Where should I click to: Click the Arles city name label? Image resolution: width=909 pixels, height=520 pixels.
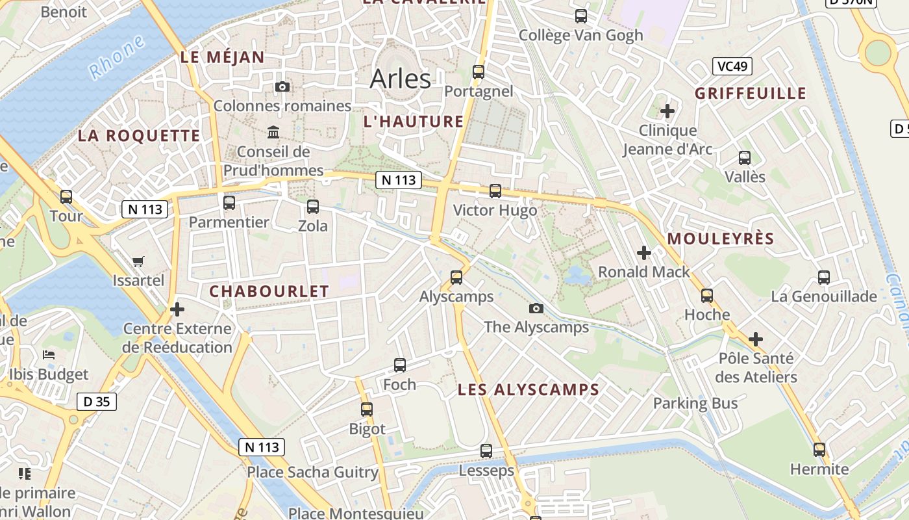400,79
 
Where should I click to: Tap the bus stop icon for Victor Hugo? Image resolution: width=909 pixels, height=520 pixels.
495,191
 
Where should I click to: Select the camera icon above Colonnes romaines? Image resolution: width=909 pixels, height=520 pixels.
282,87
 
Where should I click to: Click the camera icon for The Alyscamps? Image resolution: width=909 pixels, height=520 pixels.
536,309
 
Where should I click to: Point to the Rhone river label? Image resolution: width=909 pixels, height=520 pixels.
117,58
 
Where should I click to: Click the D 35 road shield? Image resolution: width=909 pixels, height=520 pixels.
97,402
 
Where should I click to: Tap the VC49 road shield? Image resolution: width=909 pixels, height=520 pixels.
732,66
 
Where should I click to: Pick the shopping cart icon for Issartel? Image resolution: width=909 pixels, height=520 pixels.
138,262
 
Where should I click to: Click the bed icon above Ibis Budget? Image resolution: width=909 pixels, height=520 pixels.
49,355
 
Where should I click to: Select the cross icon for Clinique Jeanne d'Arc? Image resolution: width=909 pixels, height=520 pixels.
667,111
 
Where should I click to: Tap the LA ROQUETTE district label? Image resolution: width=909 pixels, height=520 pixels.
139,136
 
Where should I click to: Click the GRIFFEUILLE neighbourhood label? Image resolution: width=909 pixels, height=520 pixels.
751,94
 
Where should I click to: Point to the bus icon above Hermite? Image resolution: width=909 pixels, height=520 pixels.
819,450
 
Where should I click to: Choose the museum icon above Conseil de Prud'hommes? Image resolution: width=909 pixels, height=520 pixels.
273,133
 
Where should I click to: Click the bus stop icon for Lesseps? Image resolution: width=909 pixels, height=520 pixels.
486,451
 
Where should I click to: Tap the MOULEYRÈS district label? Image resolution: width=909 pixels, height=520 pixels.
721,239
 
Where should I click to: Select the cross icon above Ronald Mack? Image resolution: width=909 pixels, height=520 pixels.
644,253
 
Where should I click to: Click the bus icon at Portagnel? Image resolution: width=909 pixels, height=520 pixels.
479,72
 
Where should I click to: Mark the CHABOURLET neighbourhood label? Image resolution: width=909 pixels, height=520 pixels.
269,292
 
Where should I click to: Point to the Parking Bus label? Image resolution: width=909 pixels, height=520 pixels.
695,403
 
